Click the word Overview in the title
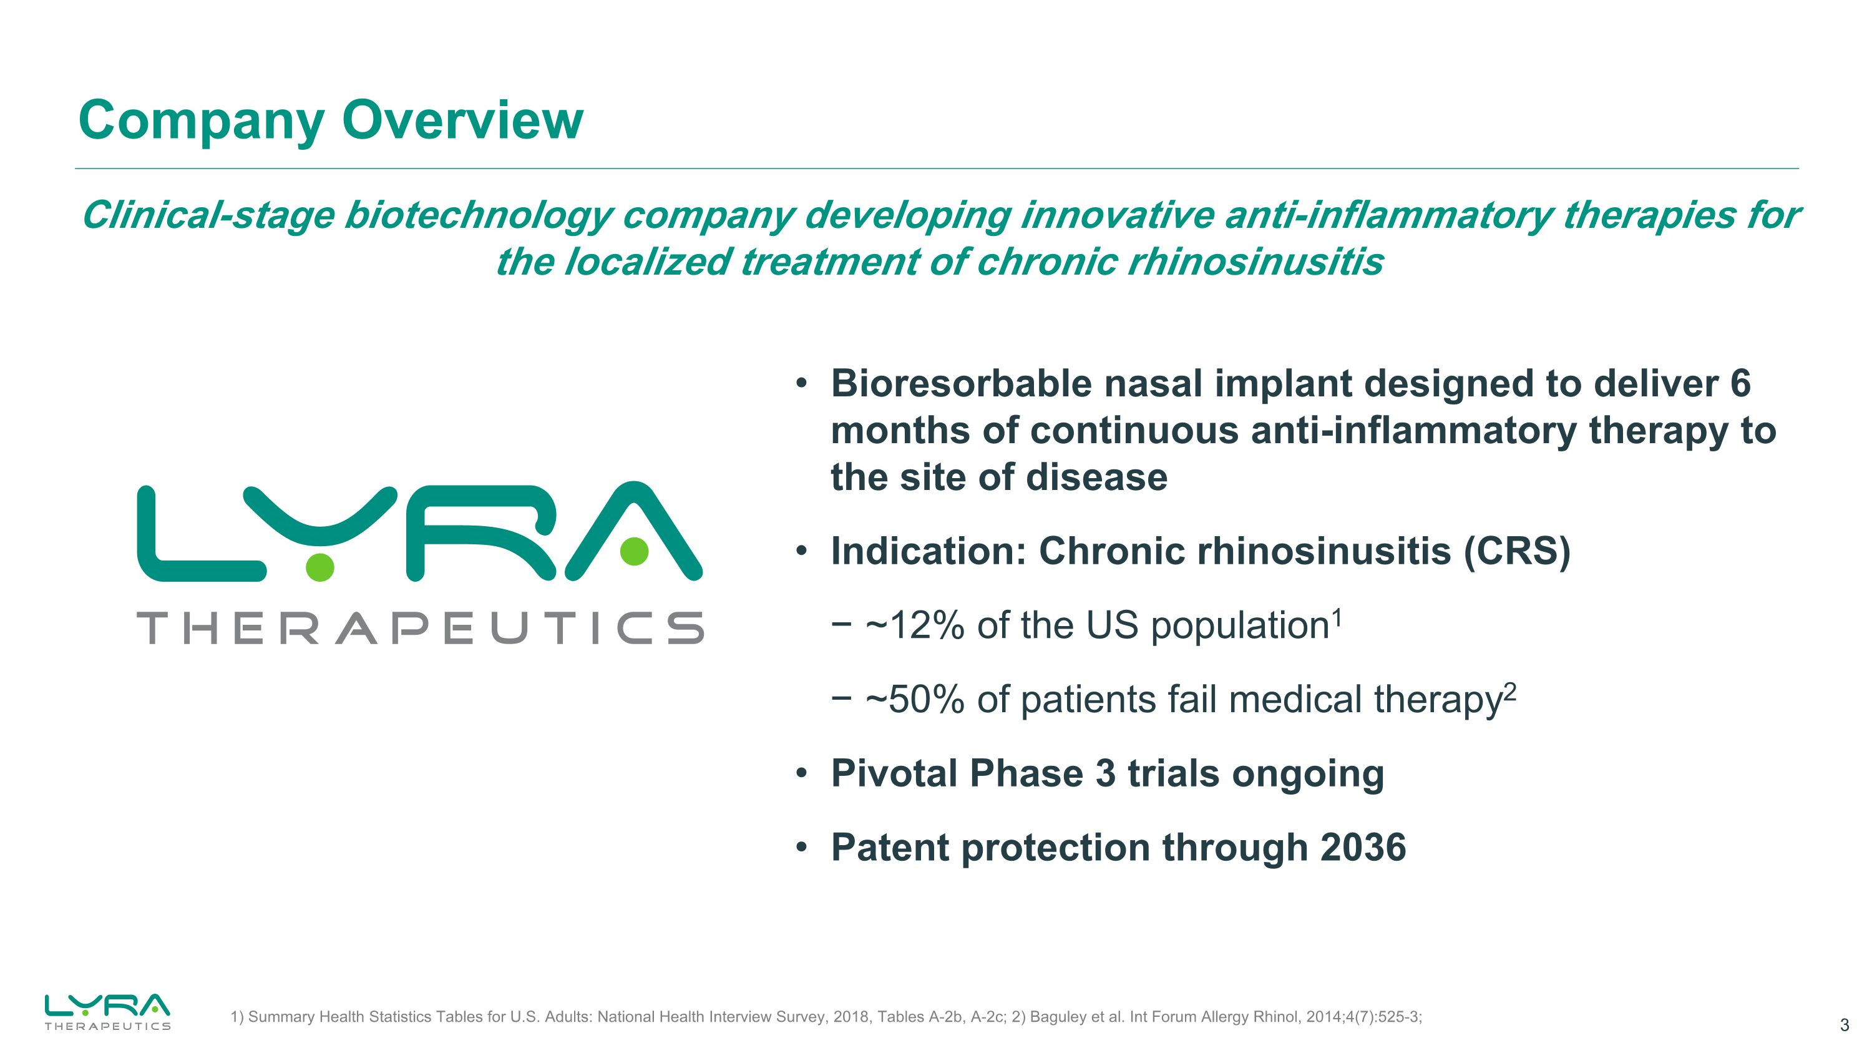click(462, 120)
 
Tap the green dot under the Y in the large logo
click(319, 566)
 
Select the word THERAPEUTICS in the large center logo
click(420, 629)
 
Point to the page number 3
click(1844, 1026)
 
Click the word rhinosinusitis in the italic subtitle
click(1255, 262)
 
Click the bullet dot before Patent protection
click(801, 848)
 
